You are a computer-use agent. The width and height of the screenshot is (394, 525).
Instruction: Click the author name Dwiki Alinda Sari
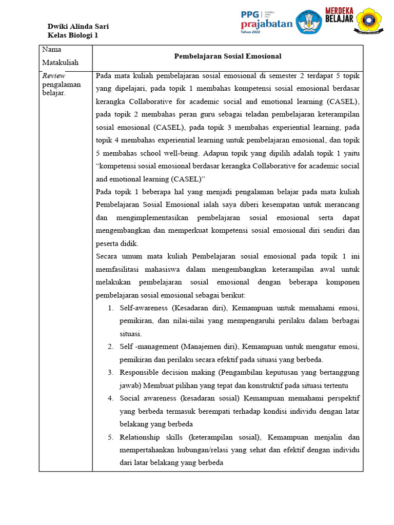78,27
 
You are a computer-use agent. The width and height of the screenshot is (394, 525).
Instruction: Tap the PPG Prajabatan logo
266,22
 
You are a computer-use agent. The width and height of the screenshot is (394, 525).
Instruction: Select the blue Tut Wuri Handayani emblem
309,22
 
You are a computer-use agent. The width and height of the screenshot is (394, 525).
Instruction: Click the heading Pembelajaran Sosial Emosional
228,56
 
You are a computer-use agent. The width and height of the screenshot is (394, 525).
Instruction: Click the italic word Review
53,76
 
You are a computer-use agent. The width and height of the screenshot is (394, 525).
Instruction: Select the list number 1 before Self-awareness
111,308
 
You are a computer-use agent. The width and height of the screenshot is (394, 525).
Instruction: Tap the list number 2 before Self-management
111,347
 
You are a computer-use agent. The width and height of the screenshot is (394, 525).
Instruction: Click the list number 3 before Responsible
111,372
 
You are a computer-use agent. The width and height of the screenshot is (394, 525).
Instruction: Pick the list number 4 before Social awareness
111,398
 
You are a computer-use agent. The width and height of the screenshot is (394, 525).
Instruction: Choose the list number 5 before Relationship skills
111,437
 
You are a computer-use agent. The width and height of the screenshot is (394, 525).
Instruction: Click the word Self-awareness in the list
137,308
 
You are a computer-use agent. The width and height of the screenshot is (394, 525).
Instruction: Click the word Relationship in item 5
138,437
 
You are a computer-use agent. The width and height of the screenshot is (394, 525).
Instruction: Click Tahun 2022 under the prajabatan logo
251,32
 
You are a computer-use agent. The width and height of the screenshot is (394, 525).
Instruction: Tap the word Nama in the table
52,50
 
